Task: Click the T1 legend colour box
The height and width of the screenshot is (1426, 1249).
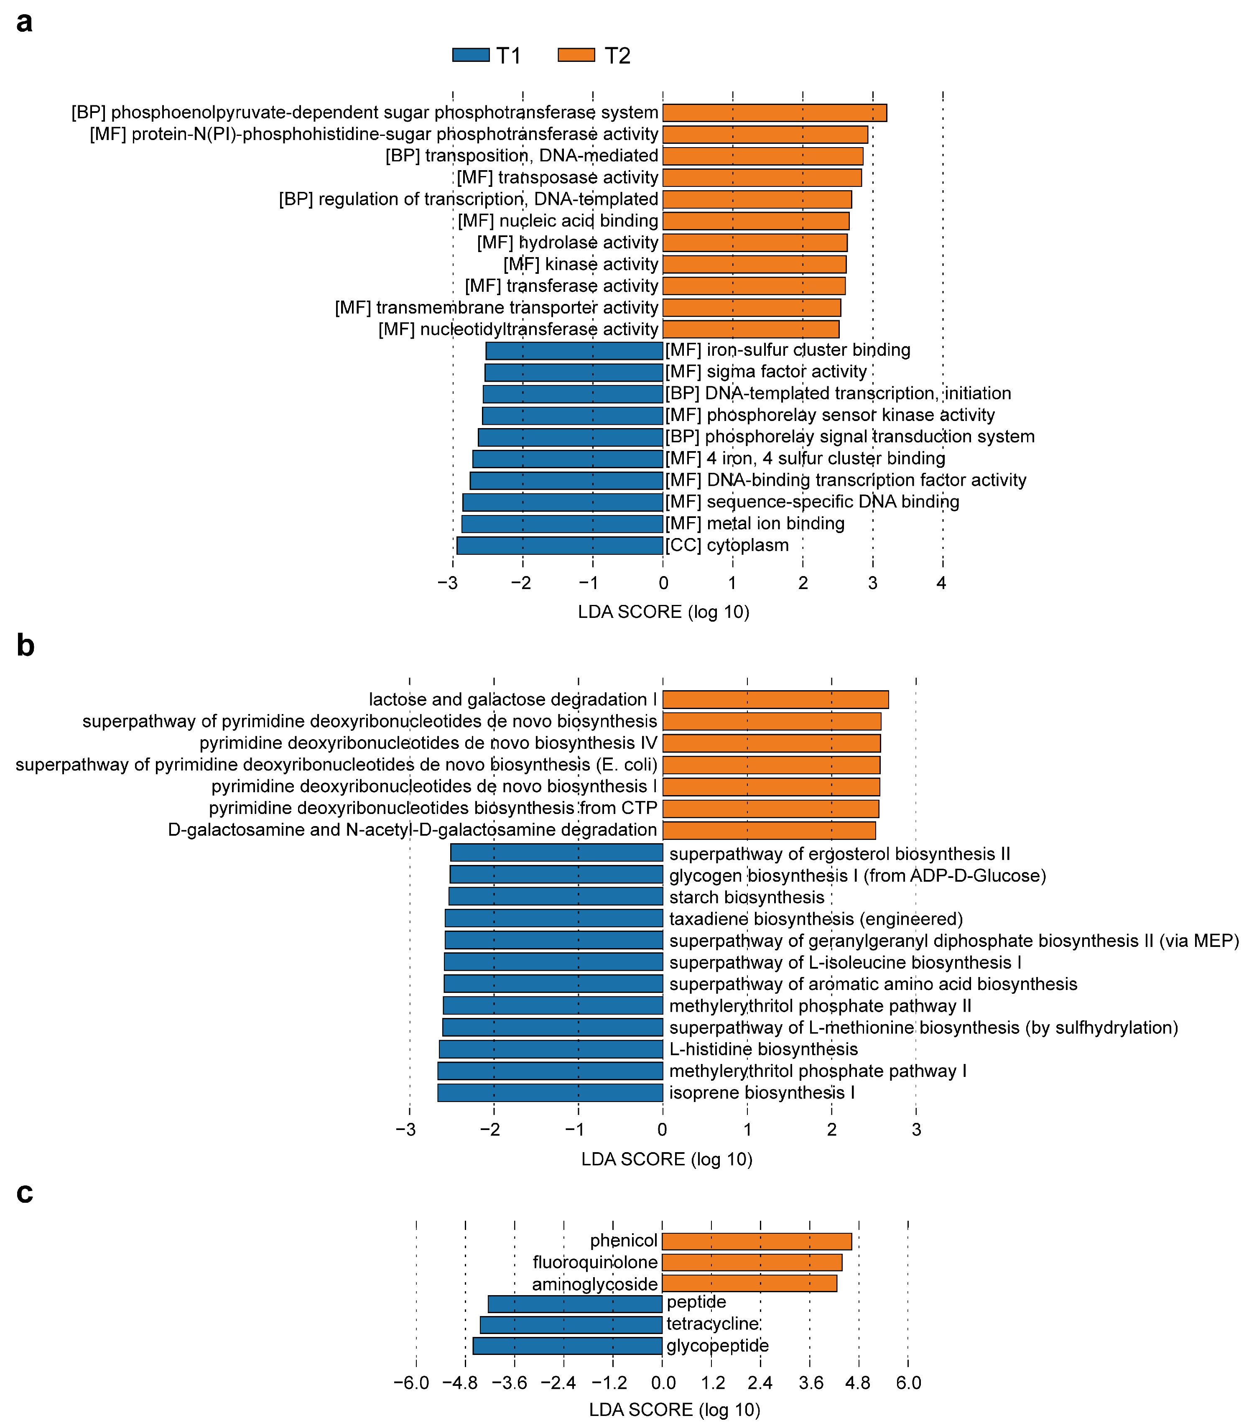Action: pyautogui.click(x=471, y=55)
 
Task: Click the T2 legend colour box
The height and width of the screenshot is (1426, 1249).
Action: pyautogui.click(x=576, y=55)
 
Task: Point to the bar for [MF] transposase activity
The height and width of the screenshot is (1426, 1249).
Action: pyautogui.click(x=761, y=178)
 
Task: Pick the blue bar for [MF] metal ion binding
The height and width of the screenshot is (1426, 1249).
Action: pyautogui.click(x=562, y=523)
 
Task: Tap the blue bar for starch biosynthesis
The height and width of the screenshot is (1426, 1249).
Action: pyautogui.click(x=556, y=896)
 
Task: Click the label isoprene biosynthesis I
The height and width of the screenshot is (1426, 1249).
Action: pyautogui.click(x=762, y=1092)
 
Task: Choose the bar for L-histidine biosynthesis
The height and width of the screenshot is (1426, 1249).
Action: pyautogui.click(x=551, y=1049)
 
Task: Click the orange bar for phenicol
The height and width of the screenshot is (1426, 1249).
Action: pyautogui.click(x=756, y=1241)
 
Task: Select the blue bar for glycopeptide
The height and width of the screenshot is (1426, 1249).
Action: pyautogui.click(x=567, y=1346)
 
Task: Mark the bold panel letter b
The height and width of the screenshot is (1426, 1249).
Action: pyautogui.click(x=25, y=646)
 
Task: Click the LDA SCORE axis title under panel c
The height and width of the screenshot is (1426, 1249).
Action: pyautogui.click(x=674, y=1409)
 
